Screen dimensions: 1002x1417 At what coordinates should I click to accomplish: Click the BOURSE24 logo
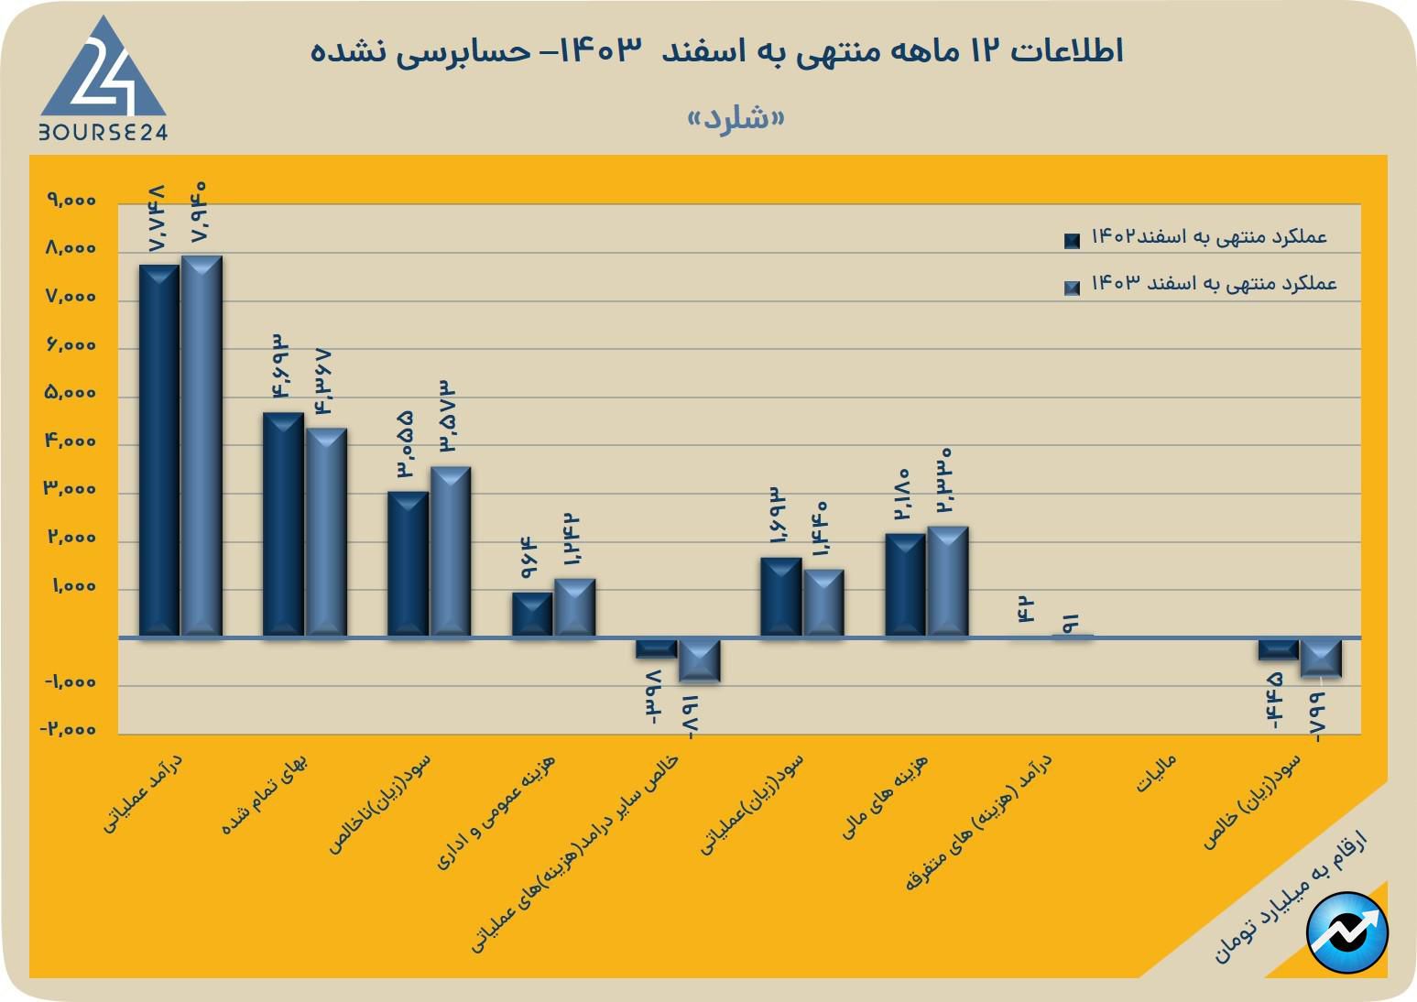click(x=103, y=81)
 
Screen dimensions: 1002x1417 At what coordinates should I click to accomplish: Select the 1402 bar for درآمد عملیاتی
click(x=158, y=451)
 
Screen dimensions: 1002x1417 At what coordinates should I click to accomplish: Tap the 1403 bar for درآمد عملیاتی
click(x=202, y=446)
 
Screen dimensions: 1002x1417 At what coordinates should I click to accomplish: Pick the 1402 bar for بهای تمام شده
click(x=283, y=525)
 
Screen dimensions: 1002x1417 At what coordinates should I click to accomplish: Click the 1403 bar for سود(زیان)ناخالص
click(x=451, y=551)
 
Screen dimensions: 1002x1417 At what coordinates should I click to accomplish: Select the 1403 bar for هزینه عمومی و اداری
click(x=574, y=607)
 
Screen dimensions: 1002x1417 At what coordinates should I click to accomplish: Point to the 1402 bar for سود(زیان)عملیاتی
click(x=780, y=597)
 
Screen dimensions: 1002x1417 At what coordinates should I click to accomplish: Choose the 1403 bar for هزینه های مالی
click(x=947, y=582)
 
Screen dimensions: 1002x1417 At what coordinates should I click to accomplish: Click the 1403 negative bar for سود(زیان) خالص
click(x=1321, y=658)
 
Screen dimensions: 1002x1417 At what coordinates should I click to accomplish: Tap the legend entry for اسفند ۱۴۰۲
click(x=1200, y=237)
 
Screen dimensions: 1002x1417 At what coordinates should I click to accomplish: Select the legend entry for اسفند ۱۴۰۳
click(x=1200, y=284)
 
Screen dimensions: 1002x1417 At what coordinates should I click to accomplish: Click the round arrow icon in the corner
click(x=1347, y=932)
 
